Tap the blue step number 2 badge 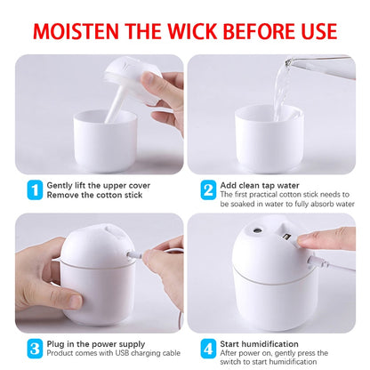206,189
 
